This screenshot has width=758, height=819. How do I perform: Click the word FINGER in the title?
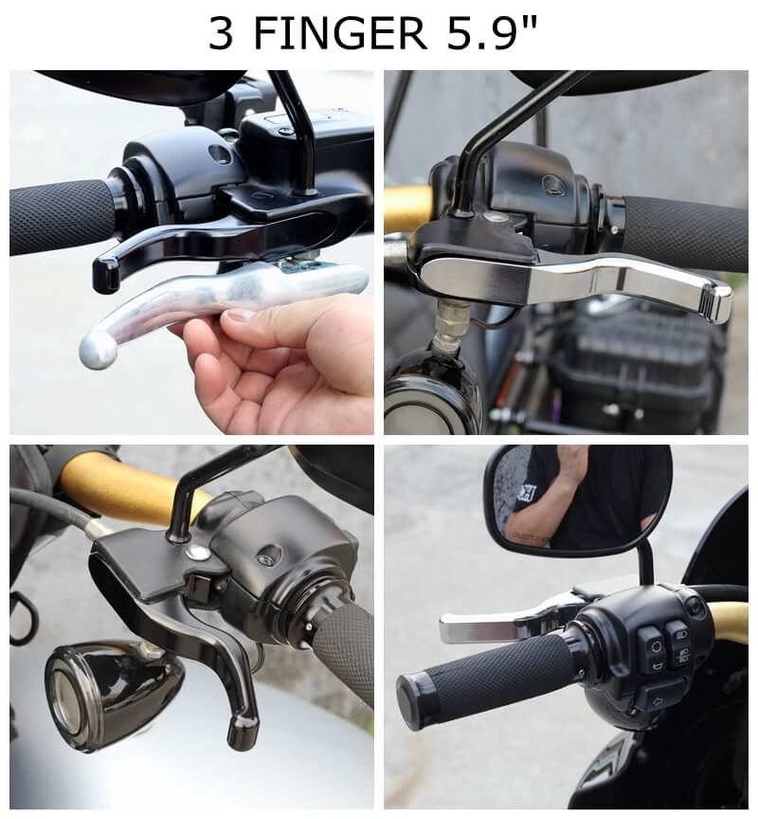[x=340, y=34]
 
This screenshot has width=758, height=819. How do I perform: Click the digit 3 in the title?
[x=221, y=34]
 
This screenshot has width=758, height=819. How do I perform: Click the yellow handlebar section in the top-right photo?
[x=407, y=206]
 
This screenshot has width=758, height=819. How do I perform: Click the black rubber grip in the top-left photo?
[x=62, y=217]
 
